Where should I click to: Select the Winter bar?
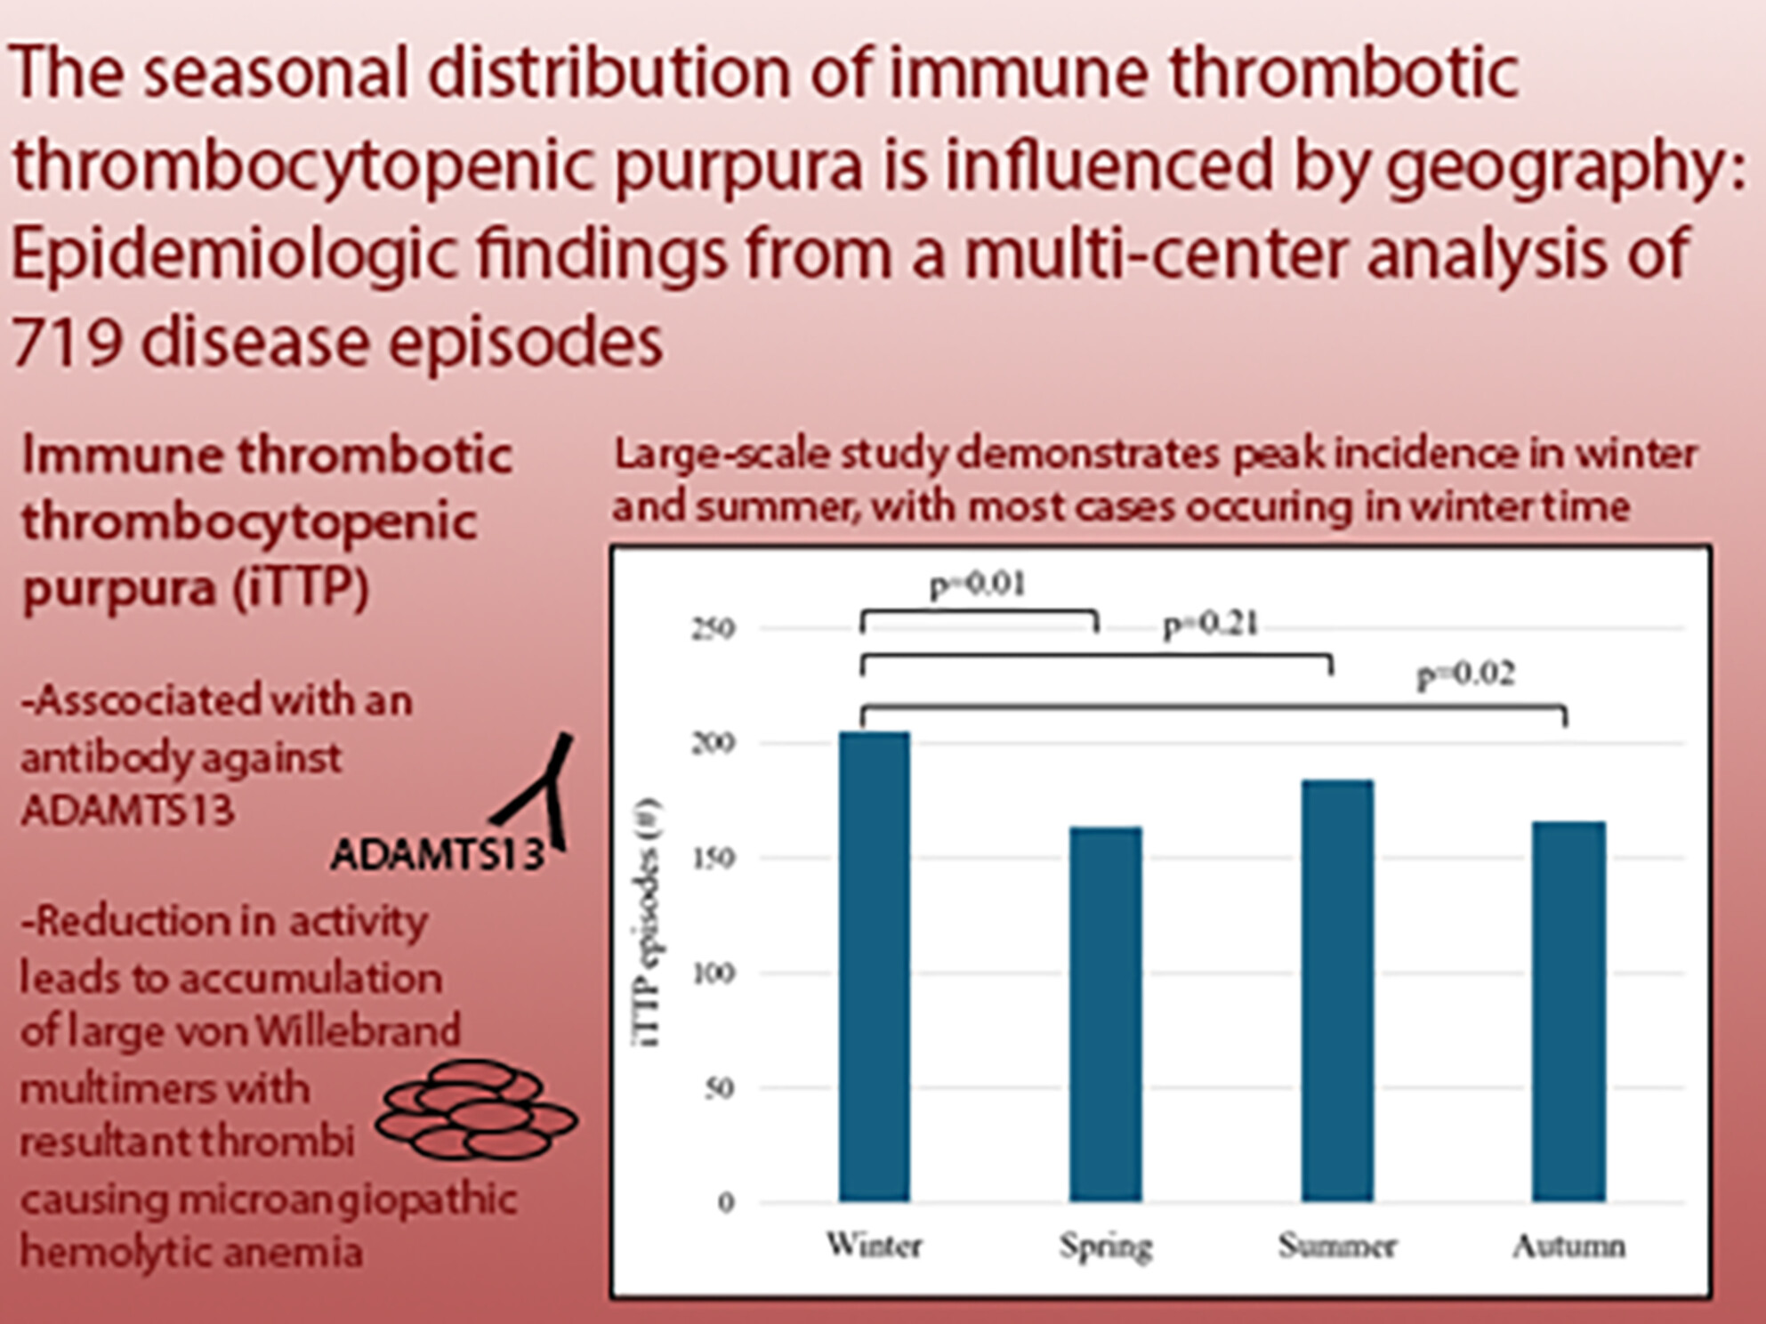875,966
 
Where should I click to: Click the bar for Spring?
1106,1014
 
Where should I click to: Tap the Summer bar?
1337,990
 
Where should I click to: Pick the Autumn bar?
1568,1012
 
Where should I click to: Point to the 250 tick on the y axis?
714,629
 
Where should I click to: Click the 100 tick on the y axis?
714,973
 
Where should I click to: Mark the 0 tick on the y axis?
726,1203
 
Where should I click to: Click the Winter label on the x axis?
874,1244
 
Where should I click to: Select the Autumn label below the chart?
1569,1246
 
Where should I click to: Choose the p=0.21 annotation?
1211,625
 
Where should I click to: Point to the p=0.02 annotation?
1465,675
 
